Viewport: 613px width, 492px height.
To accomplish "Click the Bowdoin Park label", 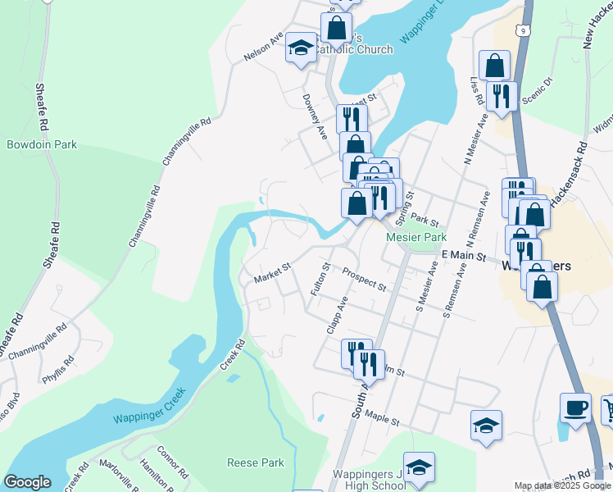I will pos(42,144).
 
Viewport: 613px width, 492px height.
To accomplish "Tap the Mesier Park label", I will pos(416,238).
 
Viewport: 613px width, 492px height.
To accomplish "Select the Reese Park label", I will pos(256,463).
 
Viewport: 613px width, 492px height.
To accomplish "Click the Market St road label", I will pos(273,274).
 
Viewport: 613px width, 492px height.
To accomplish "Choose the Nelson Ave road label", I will pos(263,48).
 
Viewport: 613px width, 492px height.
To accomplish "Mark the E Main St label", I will pos(464,257).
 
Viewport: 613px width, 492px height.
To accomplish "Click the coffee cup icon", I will pos(576,408).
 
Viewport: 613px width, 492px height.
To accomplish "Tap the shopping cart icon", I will pos(608,409).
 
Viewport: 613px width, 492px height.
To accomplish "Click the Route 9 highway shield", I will pos(521,30).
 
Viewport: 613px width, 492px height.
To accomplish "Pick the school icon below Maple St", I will pos(486,425).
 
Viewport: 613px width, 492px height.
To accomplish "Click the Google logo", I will pos(28,482).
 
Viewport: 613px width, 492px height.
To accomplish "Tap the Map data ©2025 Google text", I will pos(562,486).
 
